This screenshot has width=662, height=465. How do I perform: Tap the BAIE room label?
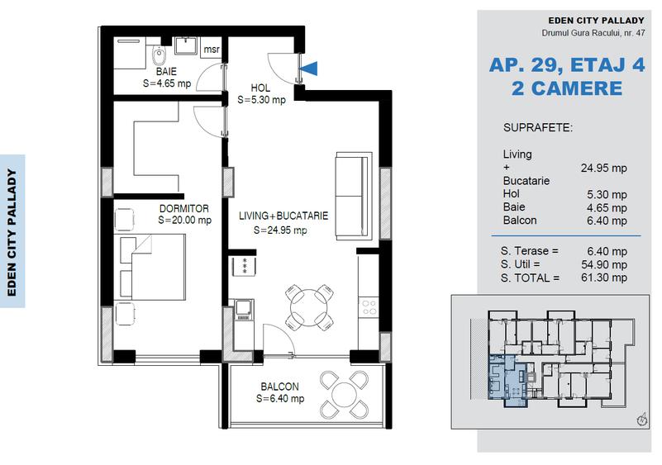click(166, 72)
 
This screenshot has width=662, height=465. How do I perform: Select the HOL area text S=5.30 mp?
click(261, 100)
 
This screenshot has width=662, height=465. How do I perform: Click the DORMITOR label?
click(183, 209)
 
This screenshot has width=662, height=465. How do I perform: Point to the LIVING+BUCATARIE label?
click(283, 216)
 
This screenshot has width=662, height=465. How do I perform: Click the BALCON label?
click(279, 387)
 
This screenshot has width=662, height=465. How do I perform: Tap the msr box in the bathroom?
click(211, 49)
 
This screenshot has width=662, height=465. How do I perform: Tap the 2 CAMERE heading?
click(567, 88)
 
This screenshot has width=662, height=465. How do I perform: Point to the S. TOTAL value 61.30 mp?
click(603, 278)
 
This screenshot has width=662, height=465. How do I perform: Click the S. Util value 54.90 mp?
click(603, 264)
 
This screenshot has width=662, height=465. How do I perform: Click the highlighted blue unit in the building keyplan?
click(505, 380)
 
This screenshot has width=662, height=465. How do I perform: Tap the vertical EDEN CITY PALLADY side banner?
click(12, 230)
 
